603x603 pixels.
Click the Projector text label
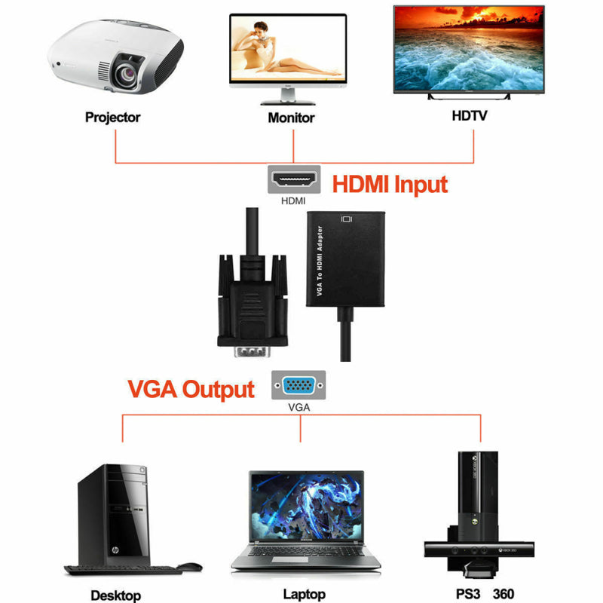[112, 117]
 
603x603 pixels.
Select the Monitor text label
[291, 118]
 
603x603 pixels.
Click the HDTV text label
[470, 116]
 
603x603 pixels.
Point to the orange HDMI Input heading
[390, 185]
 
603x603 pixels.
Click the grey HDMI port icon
[294, 181]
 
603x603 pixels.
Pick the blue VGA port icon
[299, 386]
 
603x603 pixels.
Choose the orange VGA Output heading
[191, 389]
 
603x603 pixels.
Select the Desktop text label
[115, 595]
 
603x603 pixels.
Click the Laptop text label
[305, 594]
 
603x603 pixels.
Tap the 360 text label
[504, 594]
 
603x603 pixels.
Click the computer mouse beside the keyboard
[189, 566]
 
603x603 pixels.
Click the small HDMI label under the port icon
[293, 201]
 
